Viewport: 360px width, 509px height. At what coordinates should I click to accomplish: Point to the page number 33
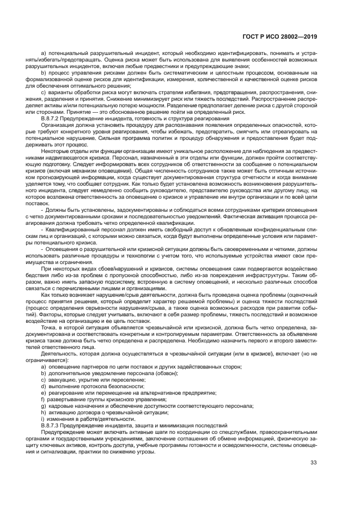(314, 463)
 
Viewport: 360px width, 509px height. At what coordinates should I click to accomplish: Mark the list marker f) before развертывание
(42, 399)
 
